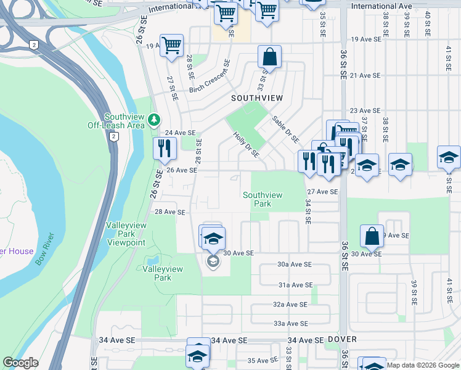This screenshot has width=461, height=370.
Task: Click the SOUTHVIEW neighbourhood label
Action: (256, 98)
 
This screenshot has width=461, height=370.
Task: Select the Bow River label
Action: (45, 250)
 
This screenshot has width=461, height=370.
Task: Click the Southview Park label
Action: (263, 199)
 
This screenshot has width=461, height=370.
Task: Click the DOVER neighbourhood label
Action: (343, 339)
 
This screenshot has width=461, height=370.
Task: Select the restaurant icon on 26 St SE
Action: (165, 148)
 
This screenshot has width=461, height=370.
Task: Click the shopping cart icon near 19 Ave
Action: (172, 45)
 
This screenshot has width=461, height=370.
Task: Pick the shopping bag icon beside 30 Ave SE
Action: (372, 236)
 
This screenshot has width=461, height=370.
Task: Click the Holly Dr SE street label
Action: (246, 144)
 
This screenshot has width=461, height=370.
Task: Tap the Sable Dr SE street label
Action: (285, 129)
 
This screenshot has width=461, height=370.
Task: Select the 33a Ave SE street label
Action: (290, 323)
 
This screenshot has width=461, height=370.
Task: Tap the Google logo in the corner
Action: (20, 363)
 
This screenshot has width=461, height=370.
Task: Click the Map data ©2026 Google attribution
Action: (423, 365)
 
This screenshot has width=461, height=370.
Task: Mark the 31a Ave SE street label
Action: (295, 285)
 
